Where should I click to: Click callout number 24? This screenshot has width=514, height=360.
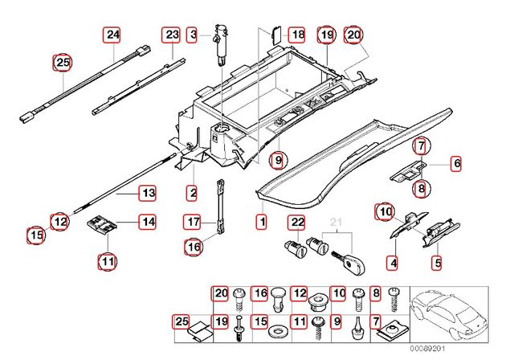(x=112, y=35)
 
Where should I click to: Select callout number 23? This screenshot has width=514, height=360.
(x=172, y=35)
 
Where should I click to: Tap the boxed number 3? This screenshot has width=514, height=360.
(x=193, y=35)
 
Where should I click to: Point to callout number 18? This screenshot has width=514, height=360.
(x=297, y=35)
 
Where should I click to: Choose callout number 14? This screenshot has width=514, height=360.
(x=148, y=221)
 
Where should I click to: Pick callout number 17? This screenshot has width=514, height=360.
(x=192, y=221)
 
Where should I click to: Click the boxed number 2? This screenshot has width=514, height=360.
(x=193, y=193)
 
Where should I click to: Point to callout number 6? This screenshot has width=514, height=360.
(x=457, y=164)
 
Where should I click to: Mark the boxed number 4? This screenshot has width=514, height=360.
(x=393, y=262)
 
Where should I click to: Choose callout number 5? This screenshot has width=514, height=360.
(x=438, y=262)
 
